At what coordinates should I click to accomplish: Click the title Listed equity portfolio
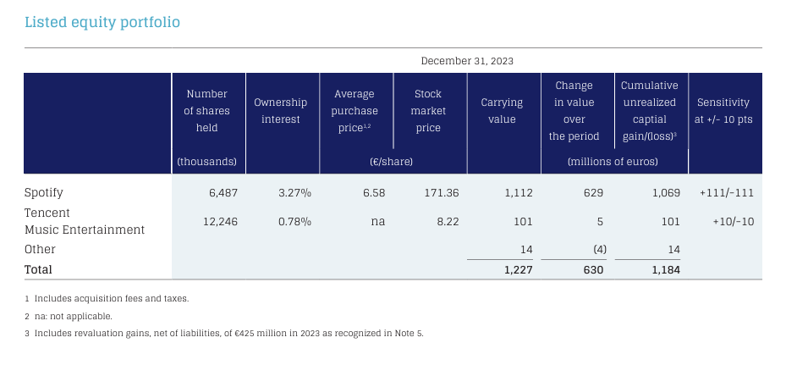102,23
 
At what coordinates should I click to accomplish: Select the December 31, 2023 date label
467,61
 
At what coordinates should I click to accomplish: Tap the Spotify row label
44,193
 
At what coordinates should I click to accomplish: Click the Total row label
38,269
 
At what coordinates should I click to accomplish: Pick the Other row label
40,250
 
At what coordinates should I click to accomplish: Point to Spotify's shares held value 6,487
223,193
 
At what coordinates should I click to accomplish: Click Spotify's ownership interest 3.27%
294,193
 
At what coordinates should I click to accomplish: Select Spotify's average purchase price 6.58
374,193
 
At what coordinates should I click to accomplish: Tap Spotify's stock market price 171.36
442,193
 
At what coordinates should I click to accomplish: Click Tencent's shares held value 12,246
220,221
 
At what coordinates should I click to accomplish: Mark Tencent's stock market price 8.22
448,221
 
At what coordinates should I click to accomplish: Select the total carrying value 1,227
519,270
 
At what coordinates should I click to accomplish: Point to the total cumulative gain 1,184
666,270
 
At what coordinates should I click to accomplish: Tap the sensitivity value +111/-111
726,193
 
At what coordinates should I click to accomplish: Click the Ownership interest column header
281,111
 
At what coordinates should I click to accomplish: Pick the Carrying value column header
502,111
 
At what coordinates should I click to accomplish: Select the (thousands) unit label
207,162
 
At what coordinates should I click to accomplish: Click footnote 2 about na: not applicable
69,316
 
